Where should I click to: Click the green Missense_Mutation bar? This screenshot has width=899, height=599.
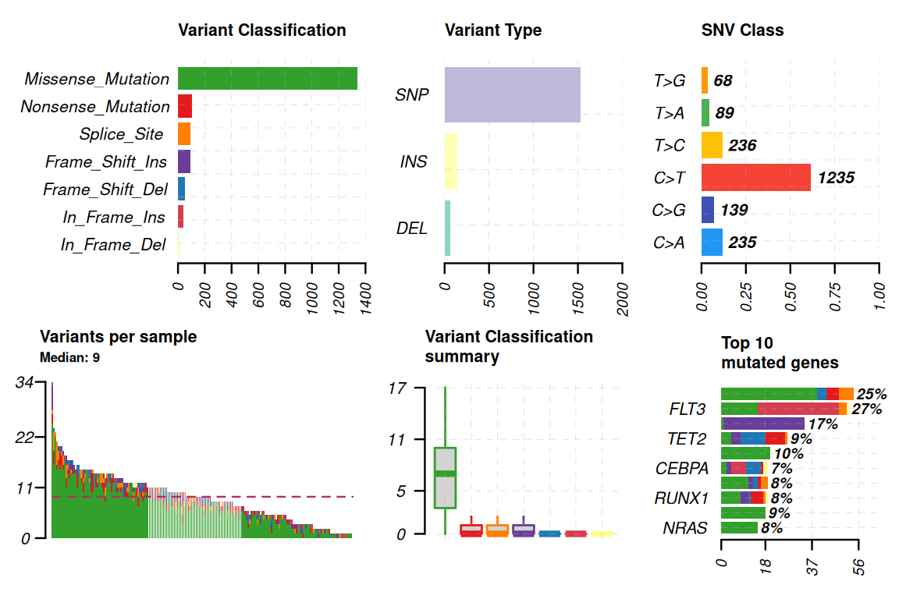(267, 79)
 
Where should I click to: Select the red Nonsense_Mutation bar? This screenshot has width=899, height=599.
(185, 106)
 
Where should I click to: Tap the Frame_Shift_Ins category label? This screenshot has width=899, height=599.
(106, 162)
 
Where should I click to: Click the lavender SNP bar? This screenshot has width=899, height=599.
(512, 94)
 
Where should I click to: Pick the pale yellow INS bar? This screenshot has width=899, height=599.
(450, 161)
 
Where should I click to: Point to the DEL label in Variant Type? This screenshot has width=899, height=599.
(412, 229)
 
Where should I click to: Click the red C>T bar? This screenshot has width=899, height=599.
(756, 178)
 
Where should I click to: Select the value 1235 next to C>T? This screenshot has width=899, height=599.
(836, 178)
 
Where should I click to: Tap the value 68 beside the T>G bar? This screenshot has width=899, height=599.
(723, 80)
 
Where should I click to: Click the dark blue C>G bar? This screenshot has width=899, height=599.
(708, 210)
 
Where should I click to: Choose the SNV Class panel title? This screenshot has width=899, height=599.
(742, 30)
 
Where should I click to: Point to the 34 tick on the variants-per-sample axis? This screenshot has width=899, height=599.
(23, 382)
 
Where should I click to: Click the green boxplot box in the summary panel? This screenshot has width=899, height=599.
(445, 478)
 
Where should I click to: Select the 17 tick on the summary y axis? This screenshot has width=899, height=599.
(398, 388)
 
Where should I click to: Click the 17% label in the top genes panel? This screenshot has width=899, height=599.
(823, 424)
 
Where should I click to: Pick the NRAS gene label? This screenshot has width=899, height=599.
(685, 528)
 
